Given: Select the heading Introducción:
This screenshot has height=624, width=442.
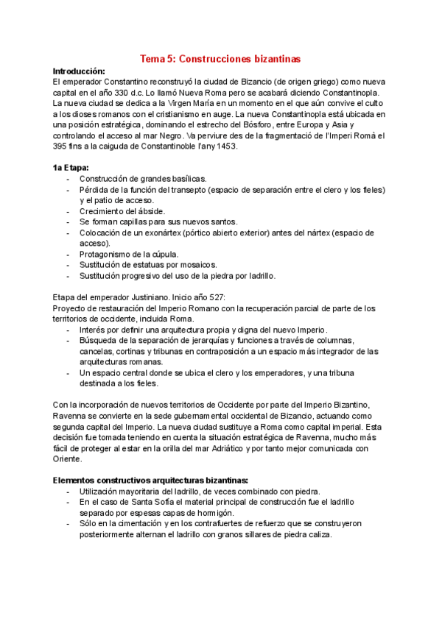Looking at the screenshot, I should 80,71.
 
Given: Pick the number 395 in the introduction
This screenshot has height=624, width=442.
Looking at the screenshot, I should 63,146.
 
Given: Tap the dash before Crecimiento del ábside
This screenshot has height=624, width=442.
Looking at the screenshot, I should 69,211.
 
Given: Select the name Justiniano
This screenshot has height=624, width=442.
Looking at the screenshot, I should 153,298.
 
